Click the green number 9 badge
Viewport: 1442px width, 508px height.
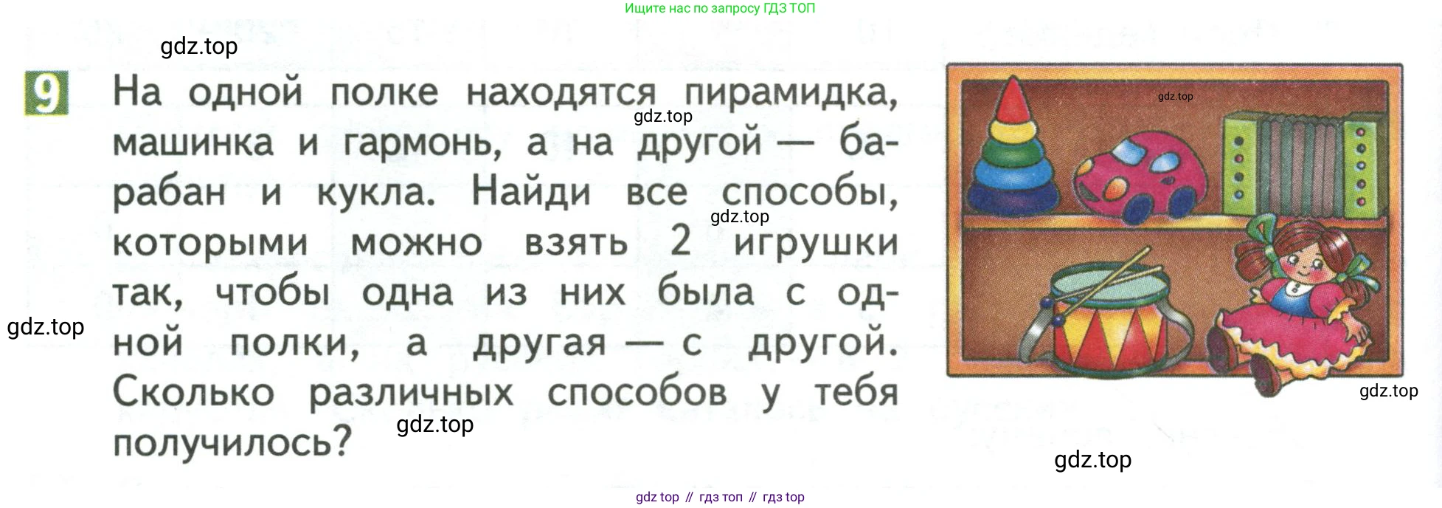[46, 93]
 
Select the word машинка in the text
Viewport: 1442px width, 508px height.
[193, 143]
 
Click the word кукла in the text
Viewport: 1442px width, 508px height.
[375, 193]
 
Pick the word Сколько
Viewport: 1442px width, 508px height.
[193, 391]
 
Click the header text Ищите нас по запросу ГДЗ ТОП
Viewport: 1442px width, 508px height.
[720, 9]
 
